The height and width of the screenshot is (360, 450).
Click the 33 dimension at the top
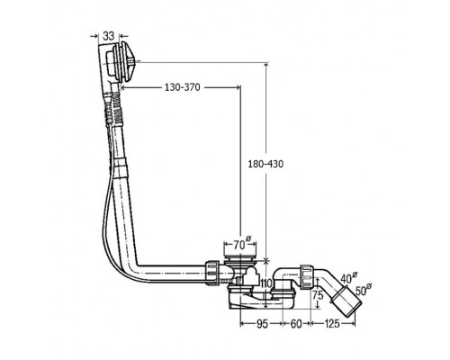click(x=109, y=36)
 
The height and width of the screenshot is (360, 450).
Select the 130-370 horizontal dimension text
click(x=182, y=87)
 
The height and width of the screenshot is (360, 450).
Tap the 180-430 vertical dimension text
click(x=265, y=164)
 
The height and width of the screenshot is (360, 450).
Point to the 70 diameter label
click(x=241, y=245)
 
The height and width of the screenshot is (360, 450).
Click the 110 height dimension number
click(x=266, y=283)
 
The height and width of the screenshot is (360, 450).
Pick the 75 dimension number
click(x=318, y=295)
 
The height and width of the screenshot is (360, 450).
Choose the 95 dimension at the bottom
click(x=262, y=324)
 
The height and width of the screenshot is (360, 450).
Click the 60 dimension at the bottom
click(x=296, y=324)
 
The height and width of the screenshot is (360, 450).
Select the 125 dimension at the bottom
click(x=332, y=324)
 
